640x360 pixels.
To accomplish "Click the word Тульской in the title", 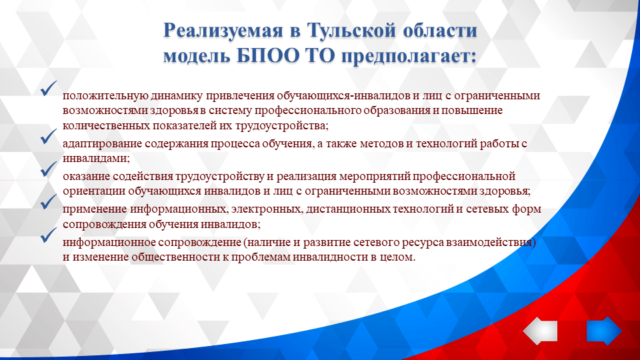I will coord(351,31).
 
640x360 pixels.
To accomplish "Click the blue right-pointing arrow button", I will coord(603,331).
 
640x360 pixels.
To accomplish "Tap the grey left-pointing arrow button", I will coord(539,331).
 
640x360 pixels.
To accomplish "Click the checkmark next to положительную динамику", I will coord(47,88).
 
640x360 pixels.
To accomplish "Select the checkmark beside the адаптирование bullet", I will coord(47,137).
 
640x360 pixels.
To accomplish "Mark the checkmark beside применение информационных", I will coord(47,201).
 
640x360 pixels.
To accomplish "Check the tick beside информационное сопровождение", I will coord(47,234).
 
